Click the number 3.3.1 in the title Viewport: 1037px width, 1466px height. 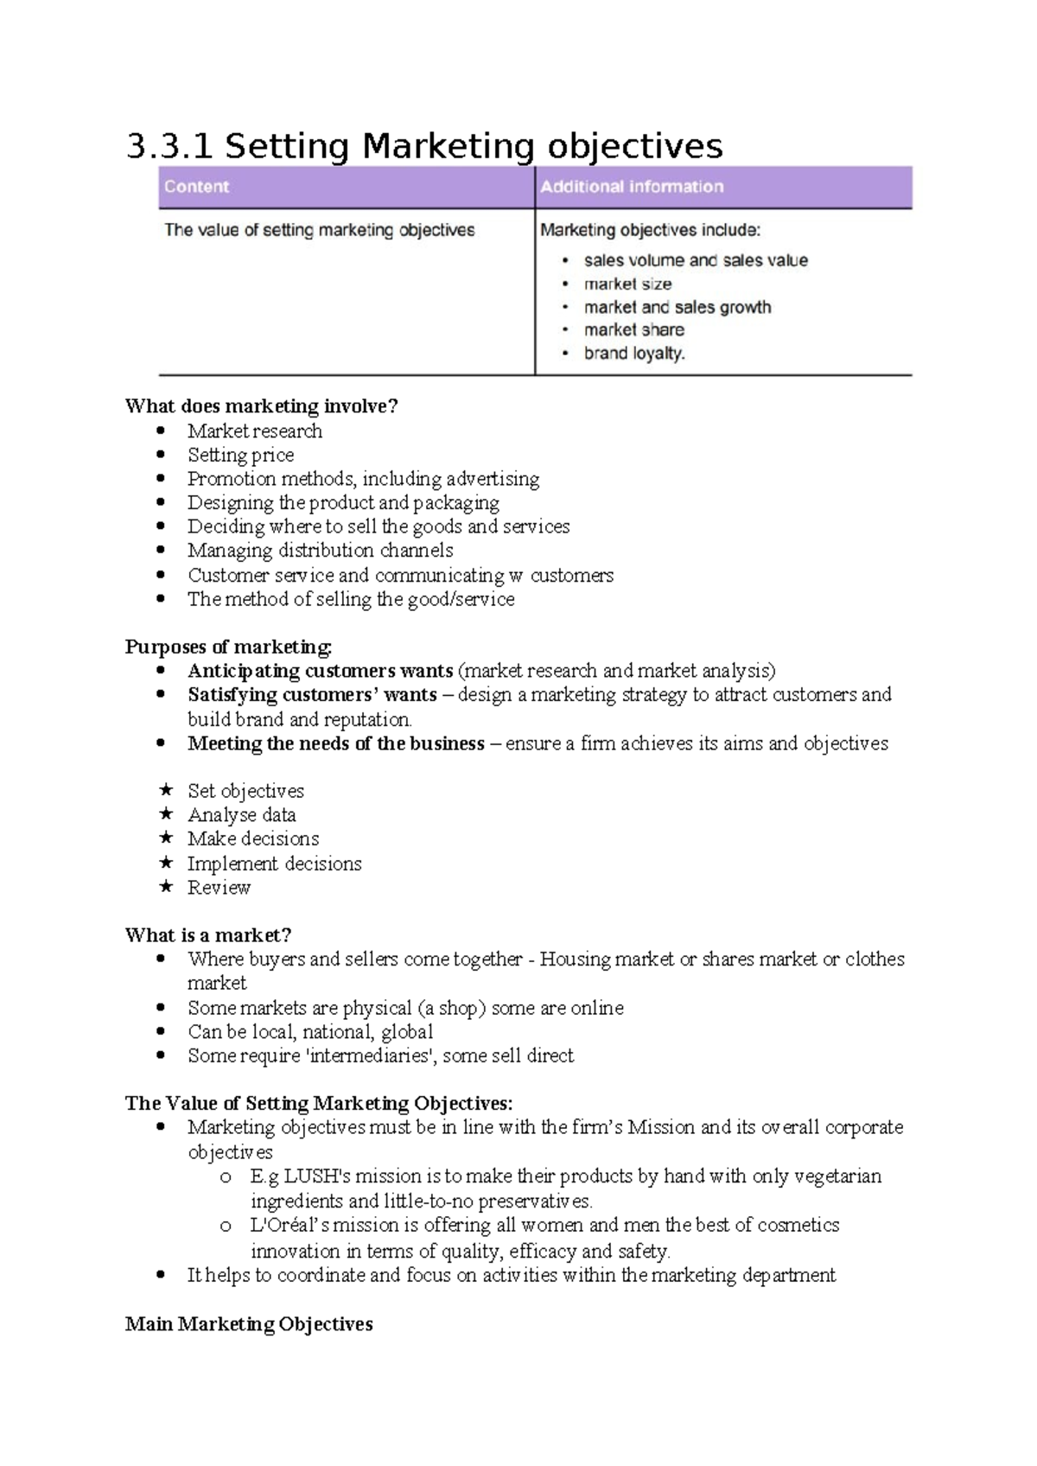pyautogui.click(x=169, y=146)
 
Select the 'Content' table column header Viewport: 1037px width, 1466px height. pyautogui.click(x=197, y=187)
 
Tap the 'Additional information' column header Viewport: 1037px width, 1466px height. pyautogui.click(x=632, y=187)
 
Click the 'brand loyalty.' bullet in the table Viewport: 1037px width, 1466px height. pyautogui.click(x=634, y=353)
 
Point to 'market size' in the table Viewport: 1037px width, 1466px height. pyautogui.click(x=627, y=284)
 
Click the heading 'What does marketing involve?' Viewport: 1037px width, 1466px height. pyautogui.click(x=261, y=406)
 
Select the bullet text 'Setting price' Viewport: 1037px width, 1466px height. pyautogui.click(x=240, y=455)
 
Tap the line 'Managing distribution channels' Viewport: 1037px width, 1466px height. pyautogui.click(x=320, y=551)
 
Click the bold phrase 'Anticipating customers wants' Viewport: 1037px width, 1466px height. pyautogui.click(x=320, y=671)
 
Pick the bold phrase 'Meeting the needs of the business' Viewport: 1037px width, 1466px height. pyautogui.click(x=335, y=743)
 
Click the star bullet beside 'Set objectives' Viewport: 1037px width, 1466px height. pyautogui.click(x=166, y=790)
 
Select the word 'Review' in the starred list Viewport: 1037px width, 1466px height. pyautogui.click(x=219, y=888)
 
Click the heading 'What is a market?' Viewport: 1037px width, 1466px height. pyautogui.click(x=208, y=935)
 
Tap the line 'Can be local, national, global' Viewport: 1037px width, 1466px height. pyautogui.click(x=310, y=1032)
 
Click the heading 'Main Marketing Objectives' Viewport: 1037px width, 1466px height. pyautogui.click(x=249, y=1324)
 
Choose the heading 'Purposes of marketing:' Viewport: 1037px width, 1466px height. pyautogui.click(x=228, y=647)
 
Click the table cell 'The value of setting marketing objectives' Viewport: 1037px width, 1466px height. pyautogui.click(x=320, y=231)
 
